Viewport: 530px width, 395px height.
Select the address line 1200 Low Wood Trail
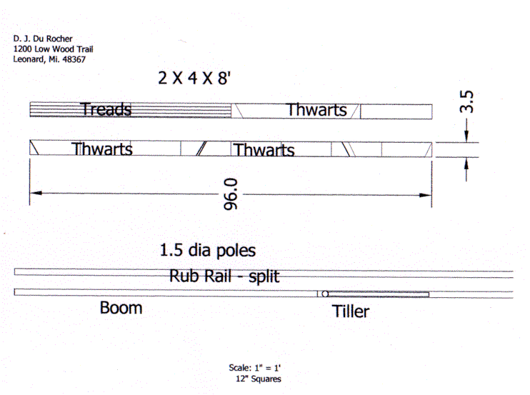53,49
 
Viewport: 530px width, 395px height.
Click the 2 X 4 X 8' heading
195,79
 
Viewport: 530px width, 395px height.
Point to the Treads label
106,109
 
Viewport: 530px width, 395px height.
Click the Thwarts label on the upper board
316,110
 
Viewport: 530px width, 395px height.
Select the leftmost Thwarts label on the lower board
101,149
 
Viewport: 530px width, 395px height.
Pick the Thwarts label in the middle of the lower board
264,150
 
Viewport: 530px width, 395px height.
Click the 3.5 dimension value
467,101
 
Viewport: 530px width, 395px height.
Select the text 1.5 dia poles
207,251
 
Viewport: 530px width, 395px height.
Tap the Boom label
121,308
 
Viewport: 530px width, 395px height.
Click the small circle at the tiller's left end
324,294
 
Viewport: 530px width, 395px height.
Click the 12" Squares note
257,379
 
